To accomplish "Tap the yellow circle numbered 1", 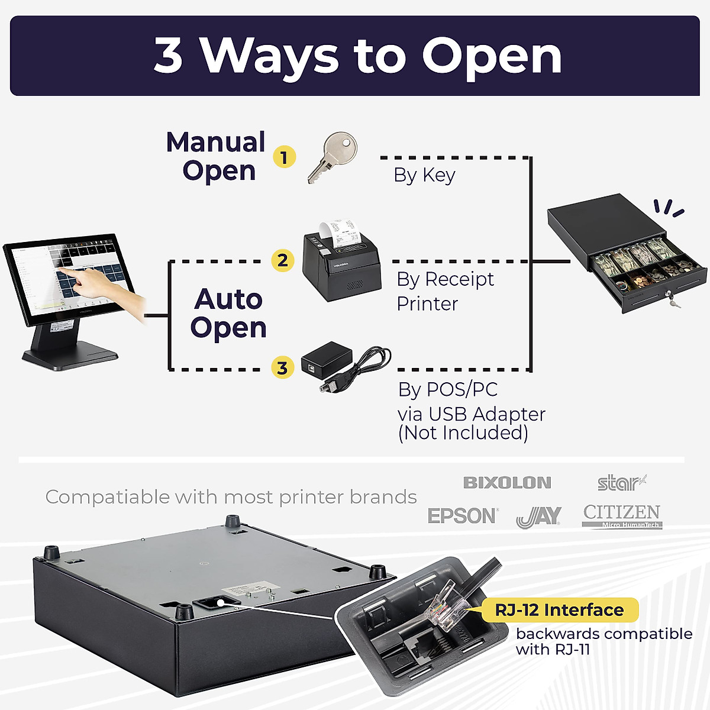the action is click(x=284, y=157).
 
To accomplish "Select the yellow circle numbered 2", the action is click(x=283, y=260).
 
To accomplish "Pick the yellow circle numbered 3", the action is click(x=283, y=368).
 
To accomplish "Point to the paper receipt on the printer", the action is click(x=340, y=233).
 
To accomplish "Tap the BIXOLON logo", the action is click(x=507, y=483).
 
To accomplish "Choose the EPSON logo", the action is click(x=463, y=516).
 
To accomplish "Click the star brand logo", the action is click(x=621, y=483).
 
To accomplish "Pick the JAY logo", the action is click(x=538, y=517).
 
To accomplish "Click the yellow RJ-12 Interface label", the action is click(x=559, y=610).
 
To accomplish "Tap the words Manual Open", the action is click(x=217, y=156).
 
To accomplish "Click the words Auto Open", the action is click(x=228, y=313).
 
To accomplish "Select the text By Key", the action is click(x=424, y=175).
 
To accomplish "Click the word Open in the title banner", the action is click(x=491, y=56).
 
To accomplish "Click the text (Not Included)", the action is click(x=463, y=433).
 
